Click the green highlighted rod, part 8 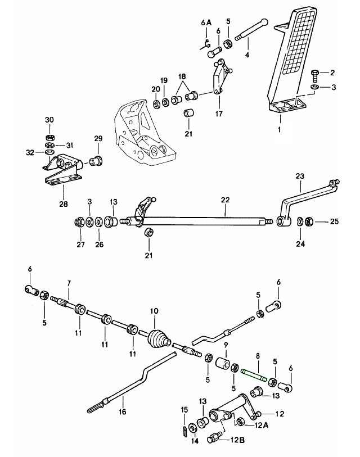253,373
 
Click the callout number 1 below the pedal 280,129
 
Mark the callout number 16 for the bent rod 123,411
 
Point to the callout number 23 299,175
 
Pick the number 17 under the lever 219,113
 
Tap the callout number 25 334,222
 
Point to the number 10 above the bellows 155,310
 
